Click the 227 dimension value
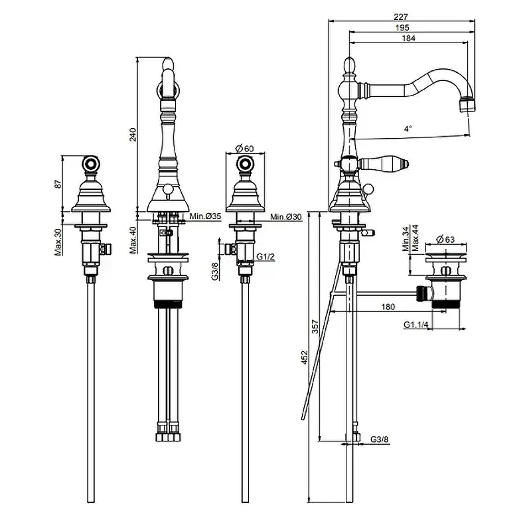(401, 16)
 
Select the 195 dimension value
(402, 27)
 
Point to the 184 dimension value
(408, 38)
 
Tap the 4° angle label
(408, 128)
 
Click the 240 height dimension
(133, 135)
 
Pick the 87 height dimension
(58, 184)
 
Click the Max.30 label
(58, 242)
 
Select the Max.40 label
(133, 240)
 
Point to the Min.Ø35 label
(205, 216)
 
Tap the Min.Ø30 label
(286, 216)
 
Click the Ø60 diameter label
(244, 148)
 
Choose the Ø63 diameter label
(445, 240)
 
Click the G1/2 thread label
(265, 257)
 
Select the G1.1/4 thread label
(416, 325)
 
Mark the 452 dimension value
(305, 357)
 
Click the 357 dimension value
(315, 327)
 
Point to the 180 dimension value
(388, 307)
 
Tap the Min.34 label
(406, 238)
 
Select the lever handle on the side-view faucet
(384, 164)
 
